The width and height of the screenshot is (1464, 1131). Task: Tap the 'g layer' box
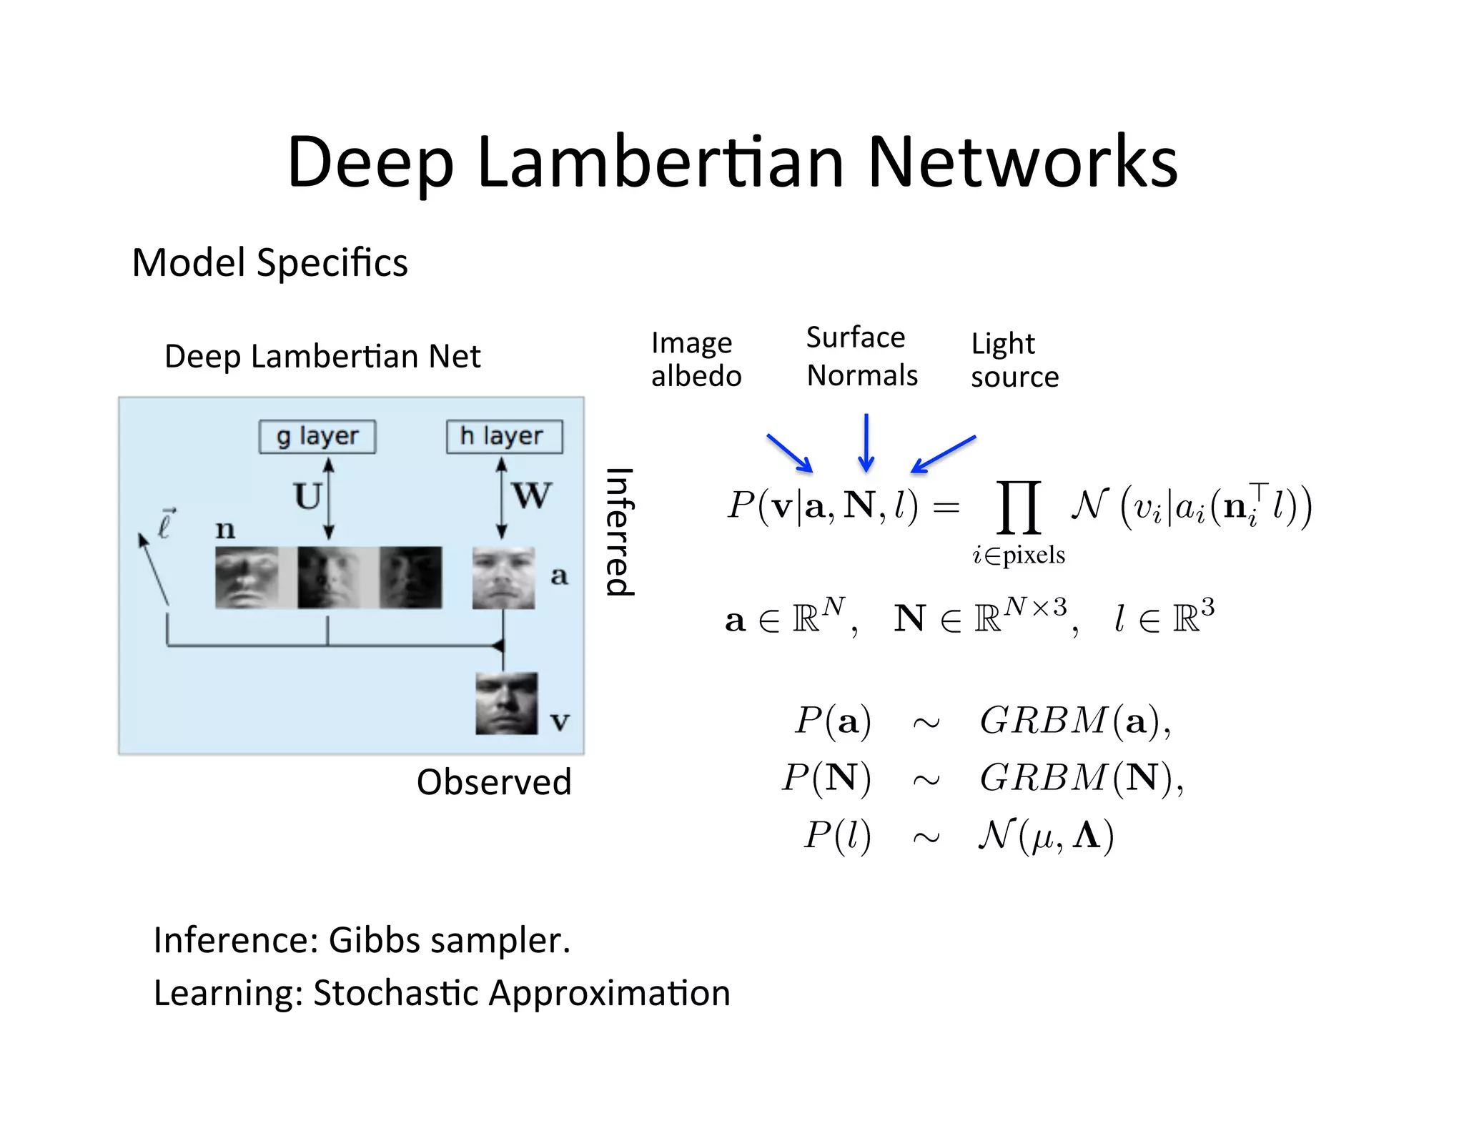point(317,436)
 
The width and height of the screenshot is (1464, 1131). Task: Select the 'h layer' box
point(504,436)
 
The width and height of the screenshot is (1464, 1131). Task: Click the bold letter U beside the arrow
point(307,496)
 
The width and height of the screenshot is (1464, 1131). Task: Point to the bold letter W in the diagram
point(532,495)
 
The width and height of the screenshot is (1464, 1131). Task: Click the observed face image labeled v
point(506,703)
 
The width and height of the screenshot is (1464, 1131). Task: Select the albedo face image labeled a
point(503,578)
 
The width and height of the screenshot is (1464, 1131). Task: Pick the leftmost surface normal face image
point(247,578)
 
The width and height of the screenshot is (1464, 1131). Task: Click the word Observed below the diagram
point(494,782)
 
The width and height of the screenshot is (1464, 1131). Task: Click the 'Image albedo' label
point(696,360)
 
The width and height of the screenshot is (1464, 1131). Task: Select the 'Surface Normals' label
point(861,356)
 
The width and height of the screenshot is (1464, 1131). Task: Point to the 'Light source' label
point(1014,360)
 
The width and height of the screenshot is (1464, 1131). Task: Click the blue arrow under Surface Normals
point(866,443)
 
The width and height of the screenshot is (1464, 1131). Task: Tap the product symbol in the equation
point(1018,508)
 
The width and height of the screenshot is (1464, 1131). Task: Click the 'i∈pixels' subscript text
point(1018,555)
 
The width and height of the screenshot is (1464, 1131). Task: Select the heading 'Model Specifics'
point(269,263)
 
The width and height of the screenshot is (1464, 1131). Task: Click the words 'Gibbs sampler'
point(449,940)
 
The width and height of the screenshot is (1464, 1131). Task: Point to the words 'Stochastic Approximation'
point(522,993)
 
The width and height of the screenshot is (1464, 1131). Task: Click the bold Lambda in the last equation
point(1087,834)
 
